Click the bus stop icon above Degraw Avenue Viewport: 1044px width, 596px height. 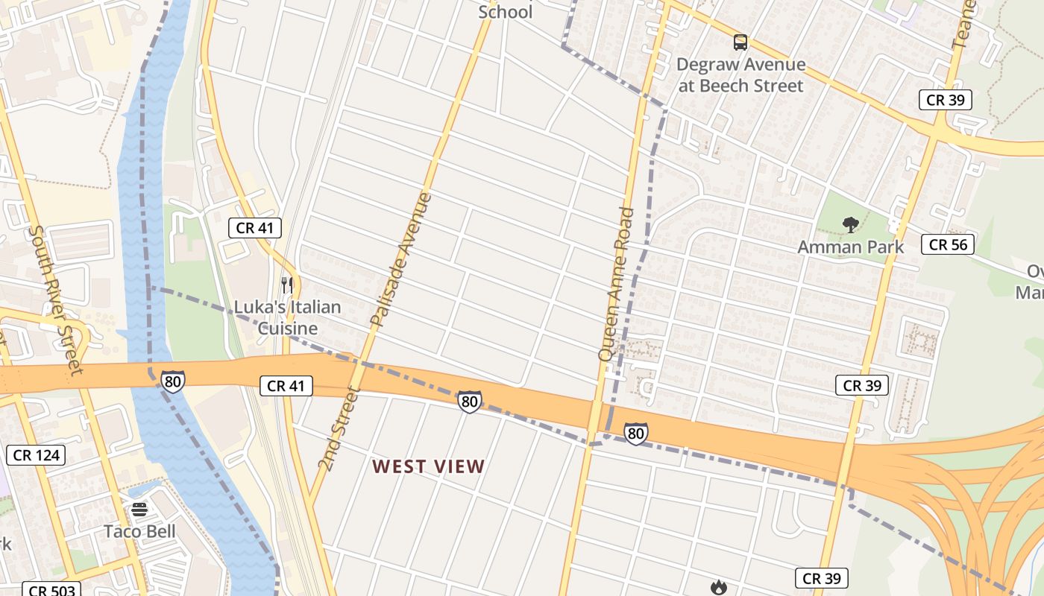tap(740, 42)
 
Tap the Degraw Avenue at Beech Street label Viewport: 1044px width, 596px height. tap(740, 75)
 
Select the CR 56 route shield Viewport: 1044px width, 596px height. tap(948, 244)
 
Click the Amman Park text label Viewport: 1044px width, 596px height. tap(850, 247)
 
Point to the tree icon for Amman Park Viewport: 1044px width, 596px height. tap(850, 224)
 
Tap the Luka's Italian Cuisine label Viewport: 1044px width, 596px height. tap(287, 317)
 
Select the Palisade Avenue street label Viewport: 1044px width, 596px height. tap(401, 260)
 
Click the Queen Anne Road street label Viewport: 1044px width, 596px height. tap(616, 285)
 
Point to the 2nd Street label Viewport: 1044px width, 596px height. tap(339, 428)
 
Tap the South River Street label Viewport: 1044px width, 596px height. tap(54, 299)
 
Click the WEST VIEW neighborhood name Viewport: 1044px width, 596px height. tap(429, 467)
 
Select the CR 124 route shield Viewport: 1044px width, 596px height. tap(37, 454)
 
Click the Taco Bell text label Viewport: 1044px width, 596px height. tap(139, 531)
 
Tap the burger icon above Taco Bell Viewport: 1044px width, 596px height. tap(139, 510)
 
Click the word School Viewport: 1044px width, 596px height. tap(505, 12)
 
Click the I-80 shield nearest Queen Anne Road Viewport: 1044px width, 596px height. tap(635, 434)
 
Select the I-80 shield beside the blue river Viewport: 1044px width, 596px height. tap(172, 381)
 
